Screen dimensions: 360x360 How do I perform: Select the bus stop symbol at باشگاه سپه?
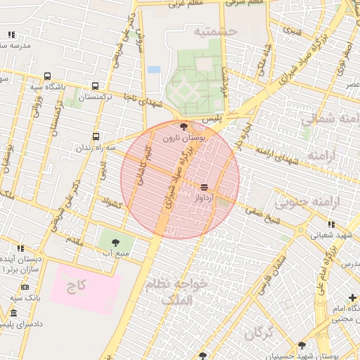point(47,76)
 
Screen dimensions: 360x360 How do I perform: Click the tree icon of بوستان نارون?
point(184,127)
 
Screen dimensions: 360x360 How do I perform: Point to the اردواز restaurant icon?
point(204,186)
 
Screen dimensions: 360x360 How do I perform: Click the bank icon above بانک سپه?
point(25,287)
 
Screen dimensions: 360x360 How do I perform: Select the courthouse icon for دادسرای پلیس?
point(14,313)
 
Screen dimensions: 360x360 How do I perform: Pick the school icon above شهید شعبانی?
point(331,224)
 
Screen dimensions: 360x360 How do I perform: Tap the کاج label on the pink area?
point(75,287)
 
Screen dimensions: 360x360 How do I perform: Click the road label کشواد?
point(112,205)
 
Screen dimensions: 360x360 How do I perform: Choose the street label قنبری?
point(291,31)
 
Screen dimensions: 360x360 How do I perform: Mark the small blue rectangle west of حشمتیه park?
point(153,70)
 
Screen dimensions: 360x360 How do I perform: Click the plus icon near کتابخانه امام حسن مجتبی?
point(352,298)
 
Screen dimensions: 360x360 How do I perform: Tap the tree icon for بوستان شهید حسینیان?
point(302,345)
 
